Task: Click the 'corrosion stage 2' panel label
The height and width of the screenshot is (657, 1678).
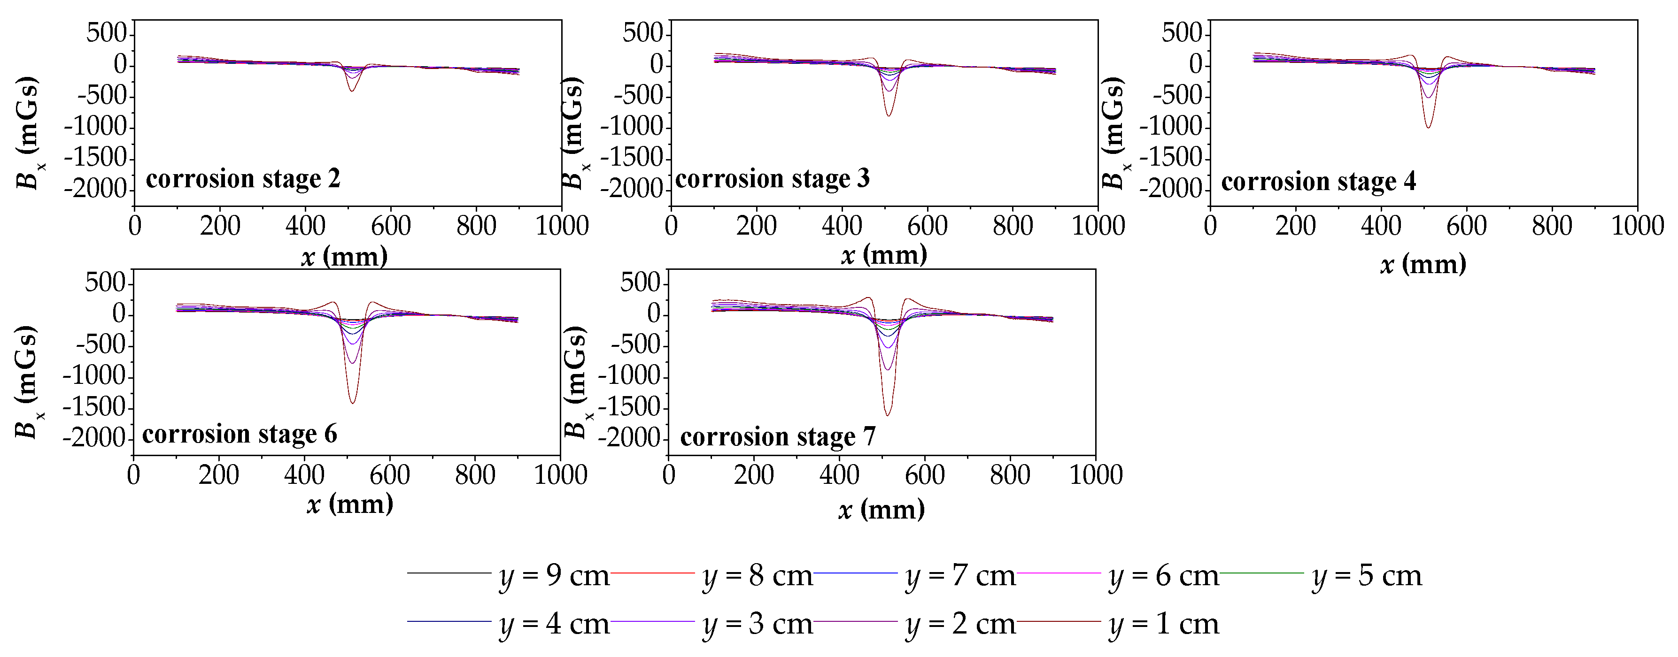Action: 243,178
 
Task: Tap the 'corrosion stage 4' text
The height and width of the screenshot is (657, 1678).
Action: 1318,181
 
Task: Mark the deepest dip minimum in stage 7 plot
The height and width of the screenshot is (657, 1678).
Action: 887,415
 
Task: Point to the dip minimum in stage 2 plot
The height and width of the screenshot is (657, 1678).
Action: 351,91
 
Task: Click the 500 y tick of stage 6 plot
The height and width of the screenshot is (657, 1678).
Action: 104,283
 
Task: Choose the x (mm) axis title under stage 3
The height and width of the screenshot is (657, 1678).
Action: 884,255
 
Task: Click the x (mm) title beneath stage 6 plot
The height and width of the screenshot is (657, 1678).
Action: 350,504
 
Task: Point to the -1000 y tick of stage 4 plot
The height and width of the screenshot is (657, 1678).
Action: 1171,126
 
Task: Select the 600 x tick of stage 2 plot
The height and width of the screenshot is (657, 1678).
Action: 391,226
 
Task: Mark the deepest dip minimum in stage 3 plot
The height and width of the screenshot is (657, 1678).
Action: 889,116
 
